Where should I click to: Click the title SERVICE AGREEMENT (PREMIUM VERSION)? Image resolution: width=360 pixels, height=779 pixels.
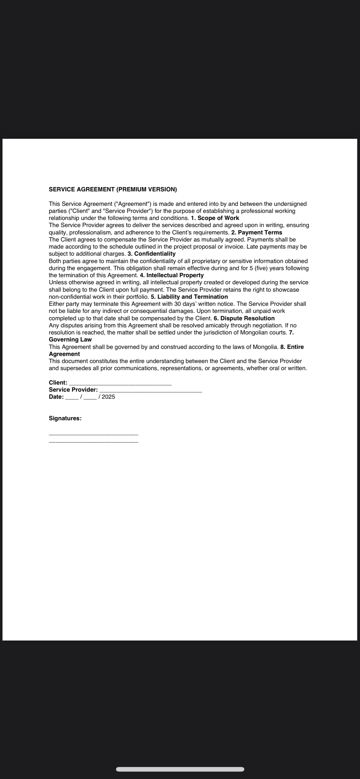coord(113,190)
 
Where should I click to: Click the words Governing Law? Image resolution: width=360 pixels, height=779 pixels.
coord(70,340)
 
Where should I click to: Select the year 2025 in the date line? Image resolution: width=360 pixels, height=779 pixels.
coord(108,397)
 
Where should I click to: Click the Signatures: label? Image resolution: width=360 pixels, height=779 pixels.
coord(65,418)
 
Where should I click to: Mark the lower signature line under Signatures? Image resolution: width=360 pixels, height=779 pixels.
coord(94,442)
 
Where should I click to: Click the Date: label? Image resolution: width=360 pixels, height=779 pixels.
coord(56,397)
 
